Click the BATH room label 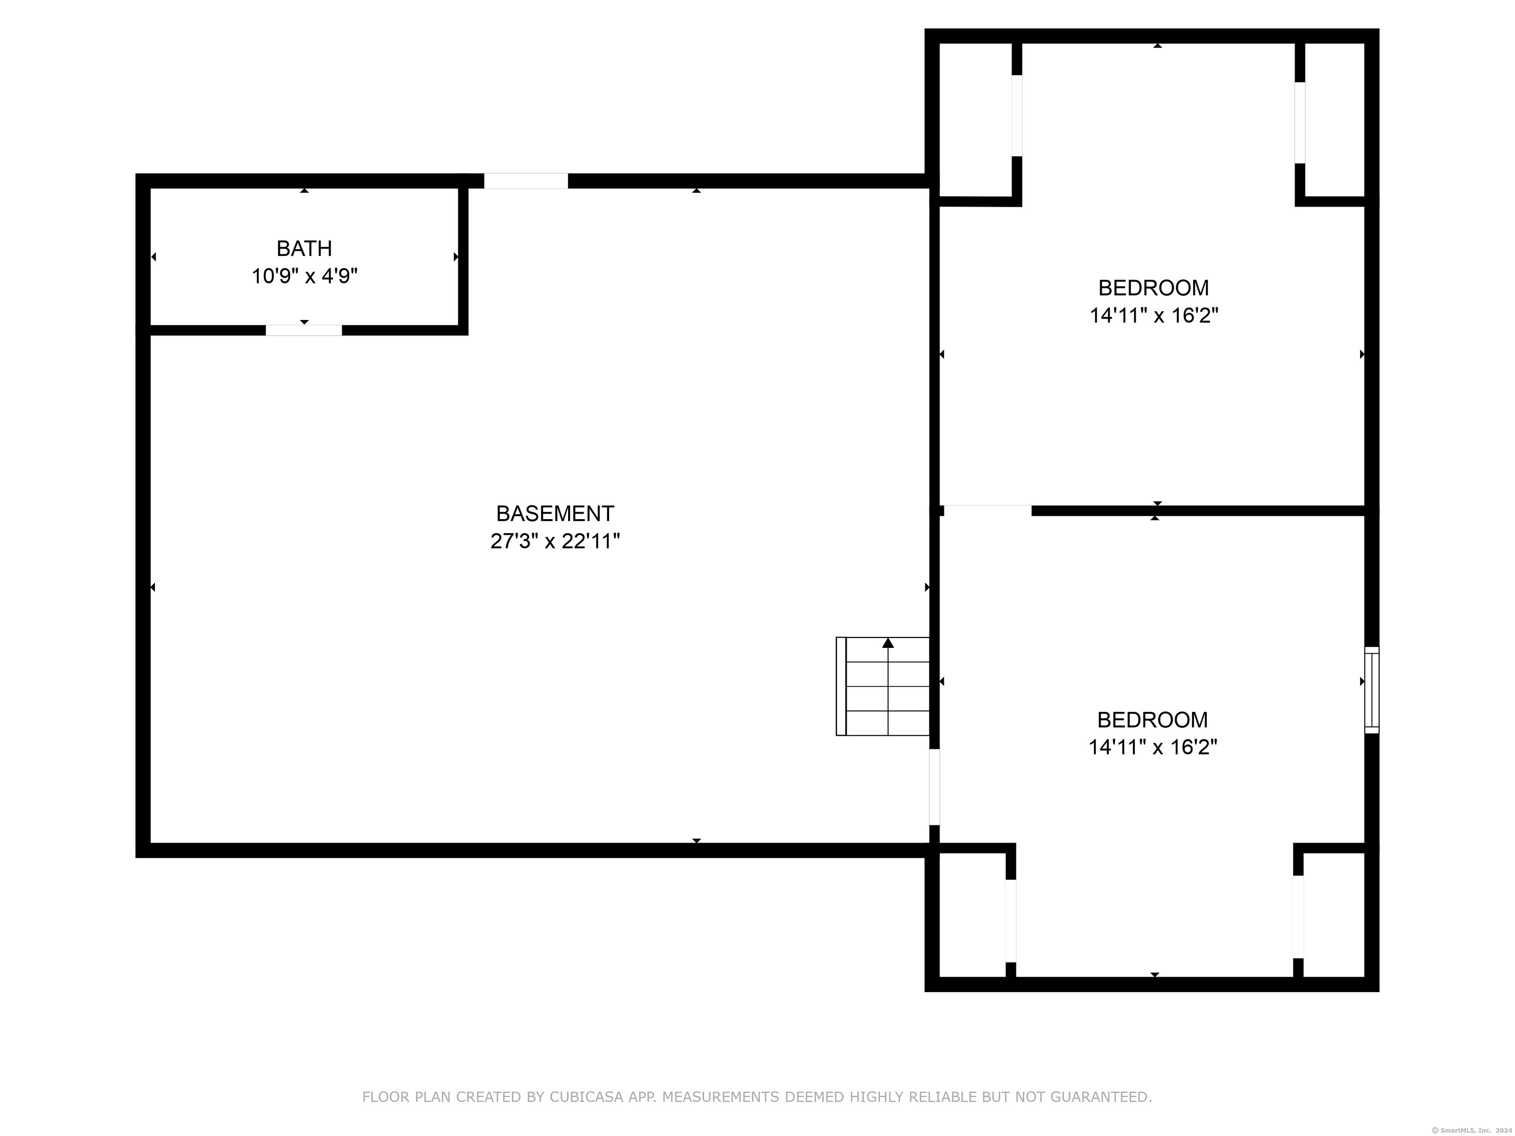304,248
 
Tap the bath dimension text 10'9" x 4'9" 305,276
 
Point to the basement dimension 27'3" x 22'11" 555,541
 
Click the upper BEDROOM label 1154,287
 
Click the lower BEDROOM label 1153,720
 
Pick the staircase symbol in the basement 883,686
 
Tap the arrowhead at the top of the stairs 888,642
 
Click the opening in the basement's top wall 526,181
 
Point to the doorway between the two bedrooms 988,510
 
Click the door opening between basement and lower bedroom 934,787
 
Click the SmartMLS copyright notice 1472,1130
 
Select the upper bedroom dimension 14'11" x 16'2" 1154,315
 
